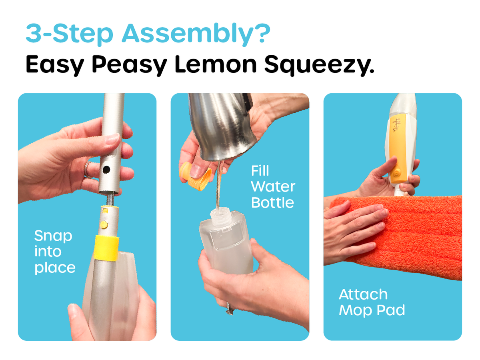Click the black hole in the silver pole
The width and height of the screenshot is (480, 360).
[x=106, y=170]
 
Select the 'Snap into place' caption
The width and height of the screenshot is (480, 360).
[x=54, y=252]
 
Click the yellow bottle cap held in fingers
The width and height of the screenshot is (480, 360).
[x=195, y=176]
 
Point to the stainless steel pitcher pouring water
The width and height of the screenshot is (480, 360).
[x=222, y=124]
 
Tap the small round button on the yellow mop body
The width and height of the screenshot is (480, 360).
[x=397, y=173]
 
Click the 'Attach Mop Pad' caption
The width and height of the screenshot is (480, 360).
[x=372, y=302]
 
